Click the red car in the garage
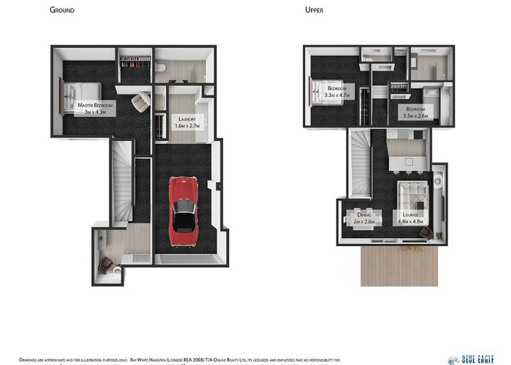[x=182, y=210]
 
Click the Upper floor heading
[x=315, y=10]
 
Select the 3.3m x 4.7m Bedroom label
[x=337, y=91]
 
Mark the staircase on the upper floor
[x=361, y=164]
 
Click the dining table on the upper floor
[x=364, y=223]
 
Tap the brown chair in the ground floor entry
[x=107, y=264]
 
